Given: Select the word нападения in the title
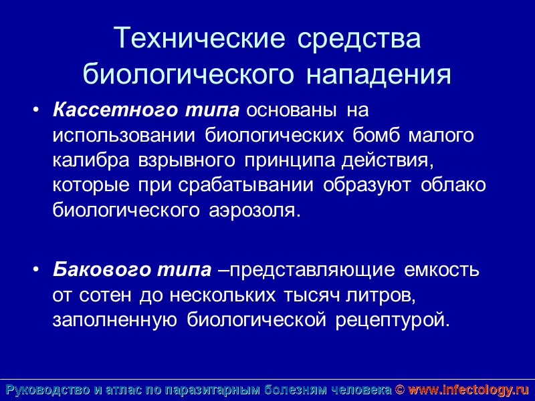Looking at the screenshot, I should pos(379,74).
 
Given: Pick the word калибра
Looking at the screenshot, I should pos(92,160).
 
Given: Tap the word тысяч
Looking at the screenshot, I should pos(313,295).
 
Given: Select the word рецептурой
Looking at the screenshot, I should pos(389,319).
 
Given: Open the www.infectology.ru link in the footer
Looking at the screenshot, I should pos(468,389).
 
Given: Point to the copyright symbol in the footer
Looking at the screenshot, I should pos(399,389).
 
